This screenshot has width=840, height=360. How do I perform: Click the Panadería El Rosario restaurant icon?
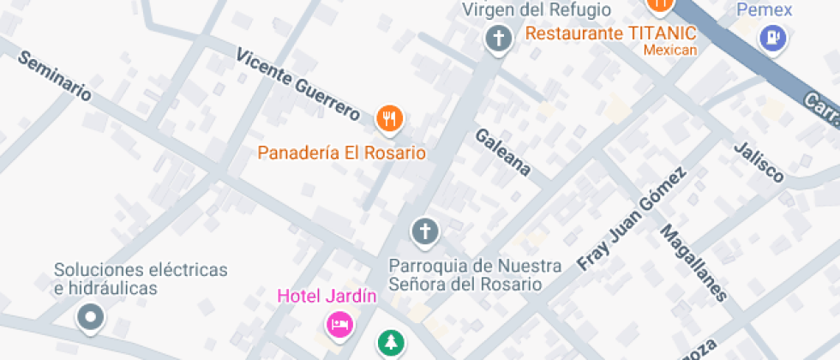click(x=389, y=119)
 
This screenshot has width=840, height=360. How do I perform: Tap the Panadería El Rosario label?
click(x=342, y=153)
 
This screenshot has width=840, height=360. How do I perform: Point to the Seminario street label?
click(x=53, y=76)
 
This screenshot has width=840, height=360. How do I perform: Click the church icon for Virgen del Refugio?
click(x=497, y=39)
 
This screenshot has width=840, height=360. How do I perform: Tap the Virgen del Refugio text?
click(x=537, y=10)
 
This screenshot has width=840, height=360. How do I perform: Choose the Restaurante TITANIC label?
click(x=610, y=33)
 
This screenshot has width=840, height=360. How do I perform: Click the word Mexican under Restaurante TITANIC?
click(x=670, y=50)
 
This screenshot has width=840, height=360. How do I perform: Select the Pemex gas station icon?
click(x=773, y=38)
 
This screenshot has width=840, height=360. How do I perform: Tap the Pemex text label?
click(x=765, y=10)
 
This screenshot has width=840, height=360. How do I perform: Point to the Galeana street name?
click(x=503, y=152)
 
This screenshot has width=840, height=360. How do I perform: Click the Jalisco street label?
click(x=759, y=161)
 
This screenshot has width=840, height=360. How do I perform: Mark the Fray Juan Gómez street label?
click(x=632, y=219)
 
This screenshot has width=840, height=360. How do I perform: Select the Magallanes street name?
click(x=693, y=263)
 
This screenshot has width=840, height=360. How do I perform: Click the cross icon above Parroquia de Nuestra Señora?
click(x=424, y=231)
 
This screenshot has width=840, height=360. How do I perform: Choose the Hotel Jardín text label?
click(x=327, y=297)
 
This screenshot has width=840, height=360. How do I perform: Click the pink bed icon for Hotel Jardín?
click(x=339, y=325)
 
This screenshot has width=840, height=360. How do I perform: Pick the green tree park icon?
click(x=390, y=343)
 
